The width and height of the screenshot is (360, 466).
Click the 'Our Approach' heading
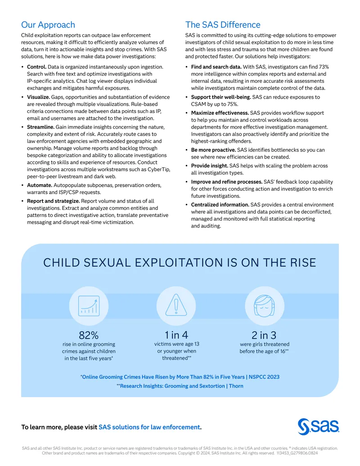click(48, 25)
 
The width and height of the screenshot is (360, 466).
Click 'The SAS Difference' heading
click(223, 25)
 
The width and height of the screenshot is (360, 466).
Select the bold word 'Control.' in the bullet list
click(36, 67)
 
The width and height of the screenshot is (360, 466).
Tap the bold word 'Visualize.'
click(38, 97)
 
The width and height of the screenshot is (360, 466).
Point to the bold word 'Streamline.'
click(40, 127)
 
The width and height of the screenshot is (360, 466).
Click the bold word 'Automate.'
click(40, 185)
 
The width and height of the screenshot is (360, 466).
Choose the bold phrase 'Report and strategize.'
click(54, 201)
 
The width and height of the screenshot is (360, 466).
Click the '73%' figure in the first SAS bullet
click(324, 67)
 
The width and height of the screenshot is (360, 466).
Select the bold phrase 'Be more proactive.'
click(213, 150)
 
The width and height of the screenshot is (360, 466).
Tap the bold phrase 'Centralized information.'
click(220, 205)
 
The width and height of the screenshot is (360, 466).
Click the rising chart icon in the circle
click(89, 306)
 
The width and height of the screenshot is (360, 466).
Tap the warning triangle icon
click(176, 305)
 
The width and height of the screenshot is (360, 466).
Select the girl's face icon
click(264, 306)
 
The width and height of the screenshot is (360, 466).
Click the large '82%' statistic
click(89, 335)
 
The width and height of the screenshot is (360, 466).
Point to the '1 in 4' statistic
click(176, 335)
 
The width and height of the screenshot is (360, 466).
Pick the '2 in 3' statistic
click(264, 335)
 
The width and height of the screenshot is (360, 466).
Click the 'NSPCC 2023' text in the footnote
click(264, 377)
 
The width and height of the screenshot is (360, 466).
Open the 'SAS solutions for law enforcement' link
click(149, 427)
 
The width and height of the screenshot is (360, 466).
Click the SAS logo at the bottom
click(319, 427)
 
